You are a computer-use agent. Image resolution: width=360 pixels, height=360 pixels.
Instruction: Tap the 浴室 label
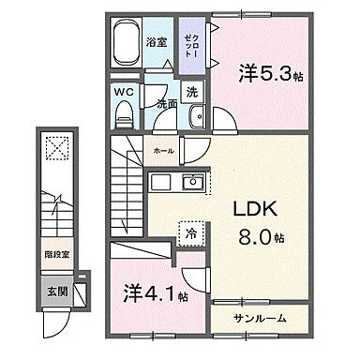coord(157,41)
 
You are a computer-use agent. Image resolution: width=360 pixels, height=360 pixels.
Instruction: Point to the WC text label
coord(124,93)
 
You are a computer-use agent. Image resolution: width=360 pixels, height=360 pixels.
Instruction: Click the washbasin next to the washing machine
coord(196,117)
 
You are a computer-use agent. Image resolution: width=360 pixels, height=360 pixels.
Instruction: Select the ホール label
coord(162,149)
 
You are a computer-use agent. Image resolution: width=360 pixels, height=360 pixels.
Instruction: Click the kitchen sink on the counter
coord(194,181)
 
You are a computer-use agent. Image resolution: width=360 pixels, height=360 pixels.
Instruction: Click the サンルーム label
coord(261,318)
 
